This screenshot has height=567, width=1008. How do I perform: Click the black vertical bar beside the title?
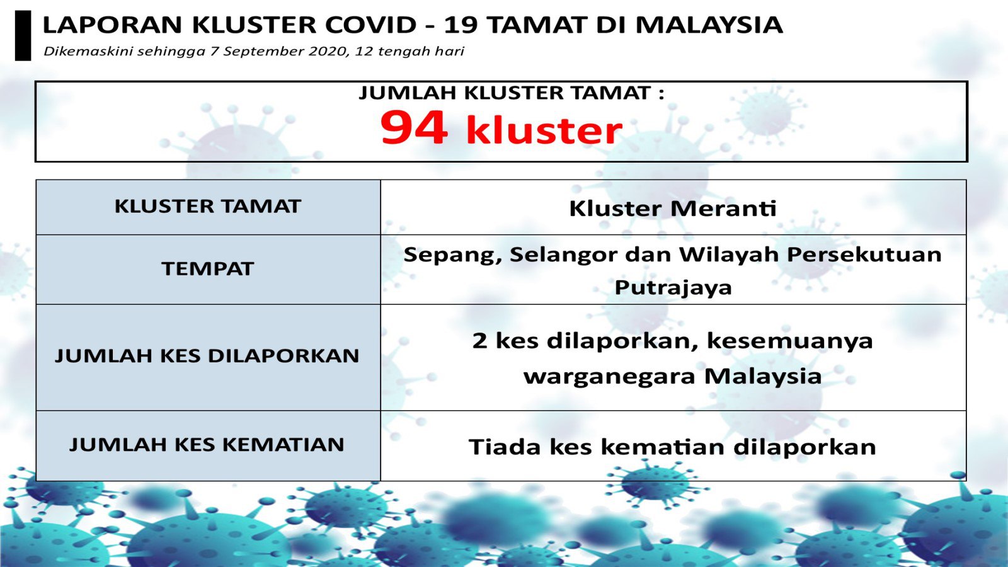[x=23, y=35]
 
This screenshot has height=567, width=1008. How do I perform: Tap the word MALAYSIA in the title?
[x=709, y=25]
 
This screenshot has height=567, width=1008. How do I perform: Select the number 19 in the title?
[x=459, y=25]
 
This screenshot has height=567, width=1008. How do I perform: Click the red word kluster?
[x=544, y=130]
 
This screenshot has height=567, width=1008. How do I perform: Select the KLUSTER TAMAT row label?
[x=208, y=207]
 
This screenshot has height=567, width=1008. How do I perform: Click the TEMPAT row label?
[x=208, y=269]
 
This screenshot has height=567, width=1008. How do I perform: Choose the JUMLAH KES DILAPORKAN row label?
[x=207, y=356]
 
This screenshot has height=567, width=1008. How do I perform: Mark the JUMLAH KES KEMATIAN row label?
[x=207, y=445]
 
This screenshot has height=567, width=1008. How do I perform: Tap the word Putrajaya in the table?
[x=673, y=288]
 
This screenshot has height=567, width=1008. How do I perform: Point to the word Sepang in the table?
[x=453, y=255]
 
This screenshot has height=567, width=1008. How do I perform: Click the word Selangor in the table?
[x=564, y=255]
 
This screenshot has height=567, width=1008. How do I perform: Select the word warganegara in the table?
[x=610, y=377]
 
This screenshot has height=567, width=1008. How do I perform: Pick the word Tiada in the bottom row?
[x=505, y=447]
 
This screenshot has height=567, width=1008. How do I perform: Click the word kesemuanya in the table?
[x=790, y=341]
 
